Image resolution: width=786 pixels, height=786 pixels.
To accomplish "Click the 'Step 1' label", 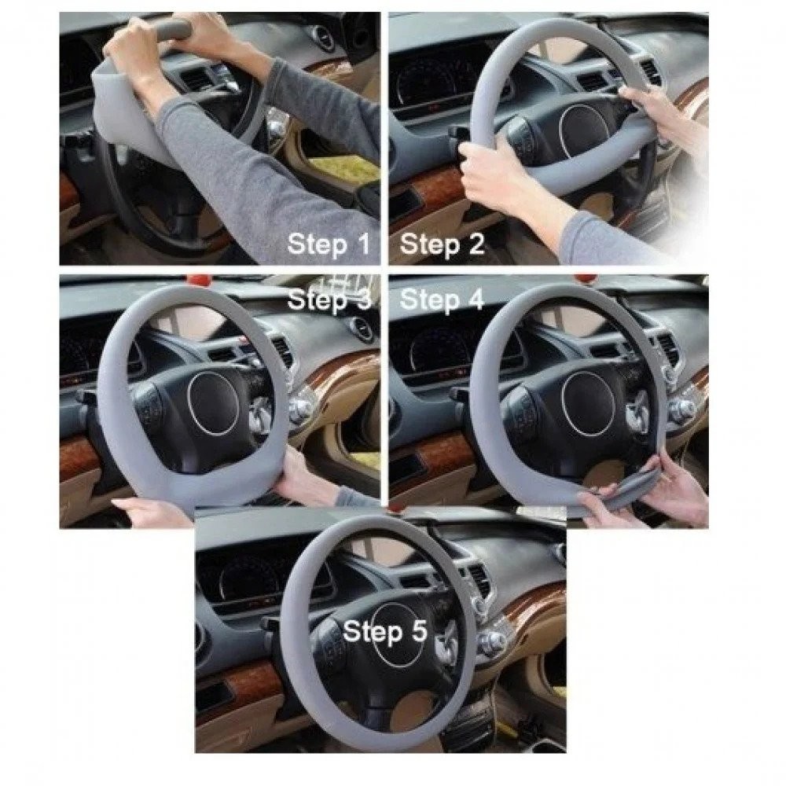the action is (x=329, y=244).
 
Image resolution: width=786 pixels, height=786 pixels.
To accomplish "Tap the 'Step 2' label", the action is (x=442, y=244).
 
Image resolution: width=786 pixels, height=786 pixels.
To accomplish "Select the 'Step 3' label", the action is (x=329, y=299).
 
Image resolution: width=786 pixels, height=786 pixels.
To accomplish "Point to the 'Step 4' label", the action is (x=442, y=299).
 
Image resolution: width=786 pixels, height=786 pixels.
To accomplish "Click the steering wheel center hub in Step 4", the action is (x=586, y=403).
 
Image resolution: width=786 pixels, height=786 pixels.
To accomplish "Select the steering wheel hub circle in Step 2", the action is (x=584, y=130).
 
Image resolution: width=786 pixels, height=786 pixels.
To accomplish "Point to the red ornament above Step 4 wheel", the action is (x=582, y=278).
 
